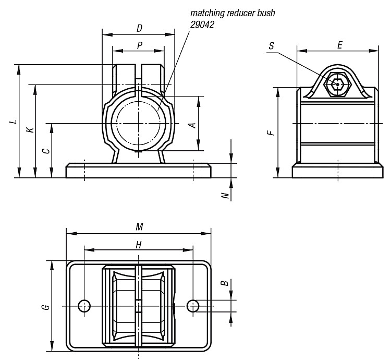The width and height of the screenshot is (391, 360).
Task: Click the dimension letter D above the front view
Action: [139, 28]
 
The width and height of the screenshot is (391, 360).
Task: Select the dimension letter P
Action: [140, 45]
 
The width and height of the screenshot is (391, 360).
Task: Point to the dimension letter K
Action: [30, 130]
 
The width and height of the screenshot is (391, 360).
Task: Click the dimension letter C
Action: [46, 151]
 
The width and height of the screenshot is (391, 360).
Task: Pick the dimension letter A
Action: [193, 125]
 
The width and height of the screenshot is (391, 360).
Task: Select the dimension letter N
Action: [225, 195]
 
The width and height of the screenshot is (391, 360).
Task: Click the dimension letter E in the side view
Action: [339, 45]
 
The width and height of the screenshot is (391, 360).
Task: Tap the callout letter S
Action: [272, 46]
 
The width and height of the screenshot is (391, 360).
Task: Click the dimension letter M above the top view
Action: [139, 227]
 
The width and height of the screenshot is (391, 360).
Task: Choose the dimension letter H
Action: [139, 245]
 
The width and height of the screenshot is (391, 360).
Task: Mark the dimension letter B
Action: [225, 283]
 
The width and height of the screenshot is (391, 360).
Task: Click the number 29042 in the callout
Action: [202, 25]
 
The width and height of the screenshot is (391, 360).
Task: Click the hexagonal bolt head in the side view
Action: [337, 85]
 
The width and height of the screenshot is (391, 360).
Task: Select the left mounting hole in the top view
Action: [84, 306]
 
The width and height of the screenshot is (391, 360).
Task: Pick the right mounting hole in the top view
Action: [193, 306]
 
